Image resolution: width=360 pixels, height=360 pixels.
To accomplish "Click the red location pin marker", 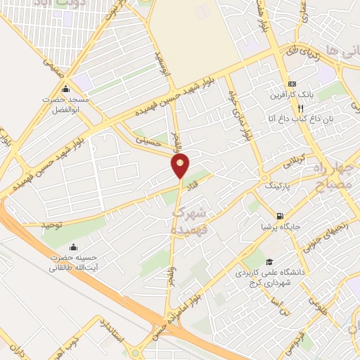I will coord(181,166).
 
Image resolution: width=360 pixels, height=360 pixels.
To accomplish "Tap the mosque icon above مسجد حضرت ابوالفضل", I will coord(65,89).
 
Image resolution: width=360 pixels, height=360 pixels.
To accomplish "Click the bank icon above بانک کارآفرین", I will coord(292,84).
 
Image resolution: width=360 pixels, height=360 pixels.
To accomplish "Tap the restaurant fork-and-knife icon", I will coord(300,108).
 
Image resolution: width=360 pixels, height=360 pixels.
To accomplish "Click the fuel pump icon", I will coord(280,216).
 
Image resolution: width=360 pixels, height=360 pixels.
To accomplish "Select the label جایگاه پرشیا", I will coord(280,226).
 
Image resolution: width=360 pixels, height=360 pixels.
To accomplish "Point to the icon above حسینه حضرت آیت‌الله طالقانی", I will coord(73,247).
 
